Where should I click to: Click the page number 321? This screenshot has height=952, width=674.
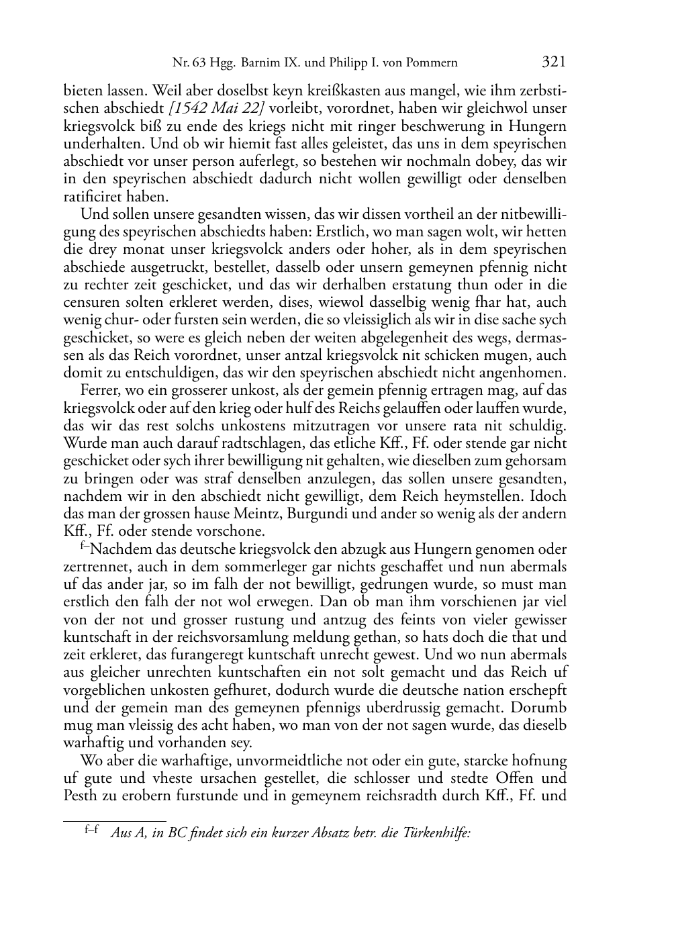[554, 62]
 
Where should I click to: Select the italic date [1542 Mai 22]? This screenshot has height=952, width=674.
[217, 108]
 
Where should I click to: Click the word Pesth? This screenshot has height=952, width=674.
[81, 796]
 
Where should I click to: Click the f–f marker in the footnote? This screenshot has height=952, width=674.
[92, 830]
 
